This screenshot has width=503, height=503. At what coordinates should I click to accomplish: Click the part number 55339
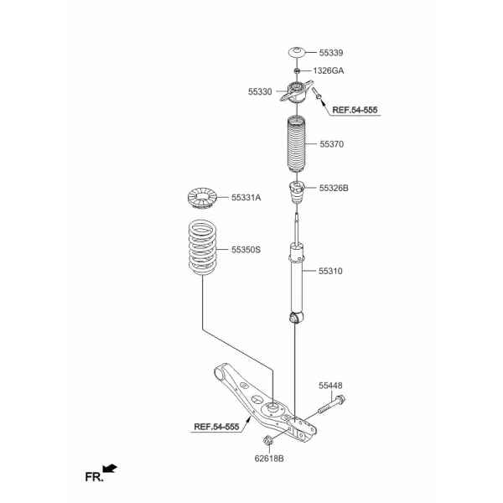coord(331,53)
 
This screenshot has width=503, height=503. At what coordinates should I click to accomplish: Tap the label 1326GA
coord(329,71)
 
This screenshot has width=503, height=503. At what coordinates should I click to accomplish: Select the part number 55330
coord(260,91)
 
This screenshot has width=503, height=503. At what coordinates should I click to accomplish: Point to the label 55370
coord(332,144)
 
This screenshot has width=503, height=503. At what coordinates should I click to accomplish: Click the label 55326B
coord(334,188)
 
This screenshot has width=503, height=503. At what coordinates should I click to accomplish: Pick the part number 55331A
coord(246,198)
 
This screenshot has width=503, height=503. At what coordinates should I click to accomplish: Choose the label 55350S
coord(246,250)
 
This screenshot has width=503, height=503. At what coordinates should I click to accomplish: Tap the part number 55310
coord(330,271)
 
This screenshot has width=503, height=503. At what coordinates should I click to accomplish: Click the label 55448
coord(330,386)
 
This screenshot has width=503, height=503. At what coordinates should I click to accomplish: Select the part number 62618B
coord(269,459)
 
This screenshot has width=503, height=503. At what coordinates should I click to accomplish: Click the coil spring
coord(202,247)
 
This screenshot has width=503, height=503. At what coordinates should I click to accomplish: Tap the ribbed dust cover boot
coord(297,143)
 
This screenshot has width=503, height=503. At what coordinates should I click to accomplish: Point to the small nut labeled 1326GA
coord(297,70)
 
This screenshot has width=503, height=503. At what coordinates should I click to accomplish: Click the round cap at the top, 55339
coord(297,53)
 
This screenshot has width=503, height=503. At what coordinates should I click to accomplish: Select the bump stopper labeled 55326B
coord(297,193)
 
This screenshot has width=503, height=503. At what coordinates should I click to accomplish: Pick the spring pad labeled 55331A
coord(202,198)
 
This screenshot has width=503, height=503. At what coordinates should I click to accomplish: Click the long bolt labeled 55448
coord(332,405)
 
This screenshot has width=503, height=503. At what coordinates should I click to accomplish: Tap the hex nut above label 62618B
coord(268,440)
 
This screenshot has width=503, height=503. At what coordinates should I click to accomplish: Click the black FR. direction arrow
coord(110,469)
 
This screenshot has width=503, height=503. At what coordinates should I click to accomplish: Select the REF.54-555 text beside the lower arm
coord(216,427)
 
